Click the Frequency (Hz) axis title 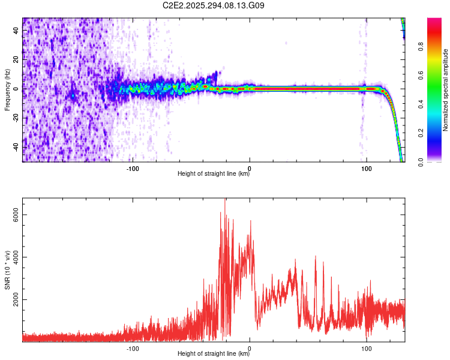click(x=7, y=90)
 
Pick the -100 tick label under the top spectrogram click(x=133, y=169)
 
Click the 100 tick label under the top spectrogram click(x=366, y=169)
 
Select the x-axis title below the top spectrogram click(x=214, y=174)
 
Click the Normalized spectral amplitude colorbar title click(x=446, y=90)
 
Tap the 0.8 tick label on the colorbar click(x=436, y=47)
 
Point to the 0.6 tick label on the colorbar click(x=436, y=76)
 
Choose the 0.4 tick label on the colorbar click(x=436, y=104)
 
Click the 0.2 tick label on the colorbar click(x=436, y=133)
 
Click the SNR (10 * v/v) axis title click(x=7, y=270)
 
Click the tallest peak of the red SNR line click(x=225, y=200)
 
